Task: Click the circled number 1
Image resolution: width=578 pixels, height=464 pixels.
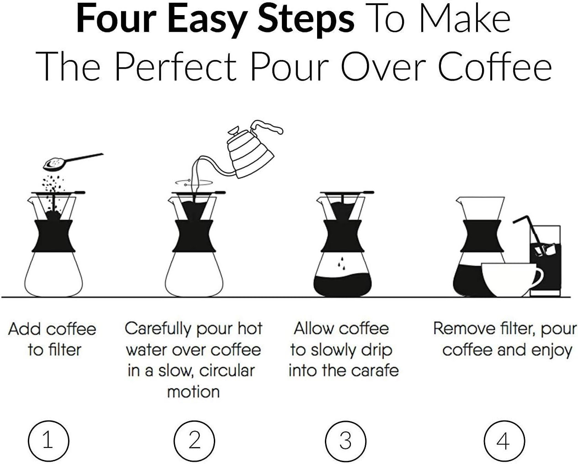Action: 48,441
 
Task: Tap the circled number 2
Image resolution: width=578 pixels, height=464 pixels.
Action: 195,441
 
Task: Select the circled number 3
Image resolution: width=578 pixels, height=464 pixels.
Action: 345,441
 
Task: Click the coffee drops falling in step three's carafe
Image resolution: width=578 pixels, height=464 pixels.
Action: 340,263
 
